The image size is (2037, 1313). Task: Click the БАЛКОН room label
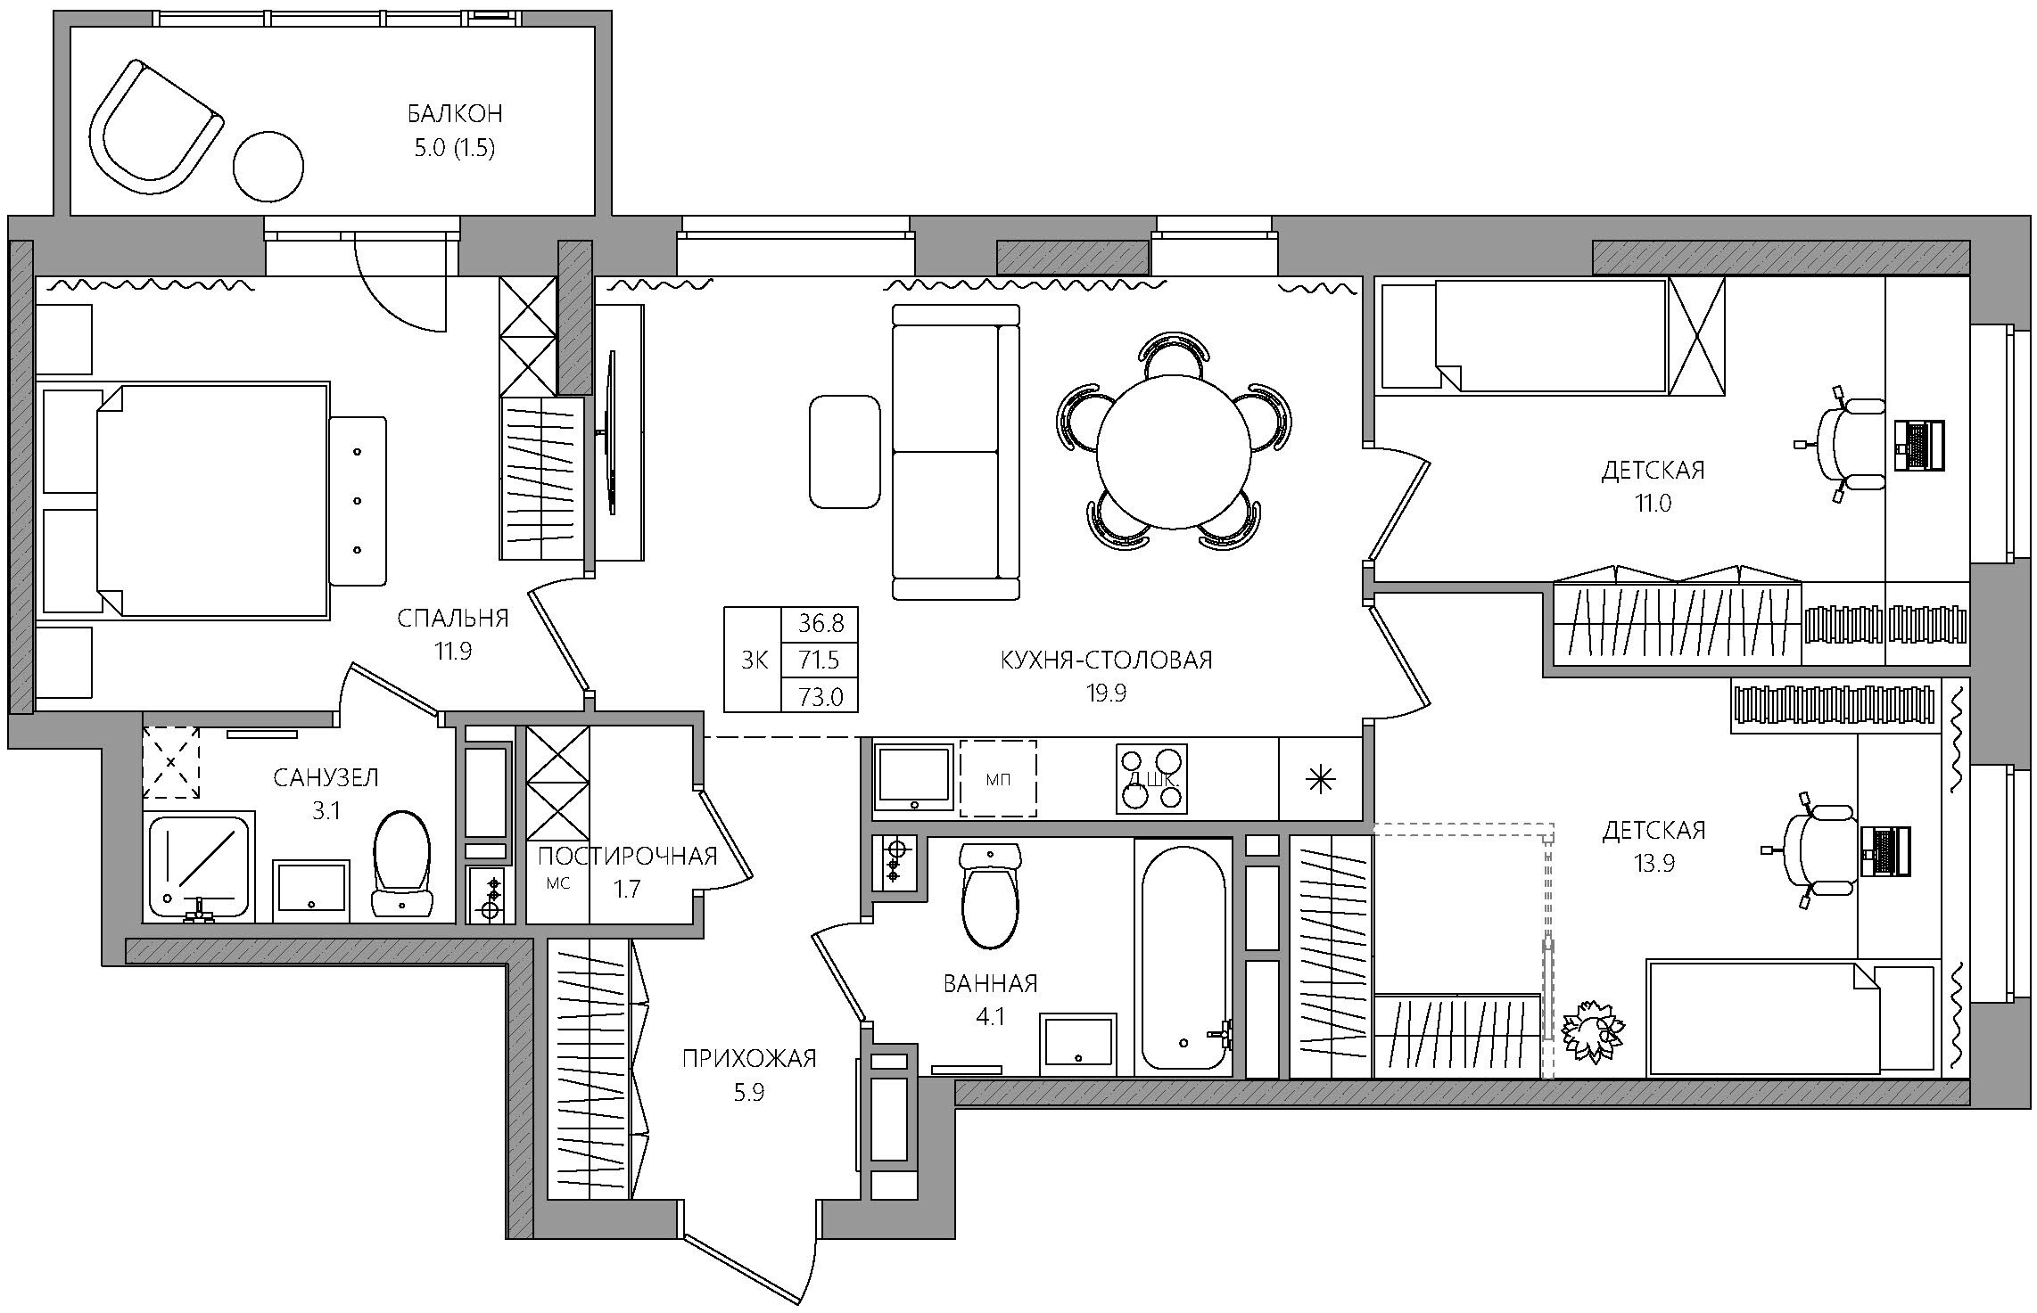coord(455,113)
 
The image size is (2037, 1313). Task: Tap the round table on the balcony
coord(268,167)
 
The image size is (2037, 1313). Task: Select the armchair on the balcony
coord(156,127)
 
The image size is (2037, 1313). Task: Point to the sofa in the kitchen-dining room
coord(956,452)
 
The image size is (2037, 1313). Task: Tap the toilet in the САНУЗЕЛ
coord(401,864)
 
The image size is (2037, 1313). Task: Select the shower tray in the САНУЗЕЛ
coord(199,866)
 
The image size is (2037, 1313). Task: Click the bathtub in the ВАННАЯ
coord(1183,957)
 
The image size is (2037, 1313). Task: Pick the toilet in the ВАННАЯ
coord(989,897)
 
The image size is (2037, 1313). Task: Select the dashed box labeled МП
coord(998,778)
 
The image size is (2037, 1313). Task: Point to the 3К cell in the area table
coord(754,661)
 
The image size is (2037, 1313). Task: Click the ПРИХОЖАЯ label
coord(749,1059)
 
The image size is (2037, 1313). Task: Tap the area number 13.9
coord(1654,864)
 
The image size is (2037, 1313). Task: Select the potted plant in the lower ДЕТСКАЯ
coord(1593,1031)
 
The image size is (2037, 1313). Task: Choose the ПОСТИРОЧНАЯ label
coord(628,857)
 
